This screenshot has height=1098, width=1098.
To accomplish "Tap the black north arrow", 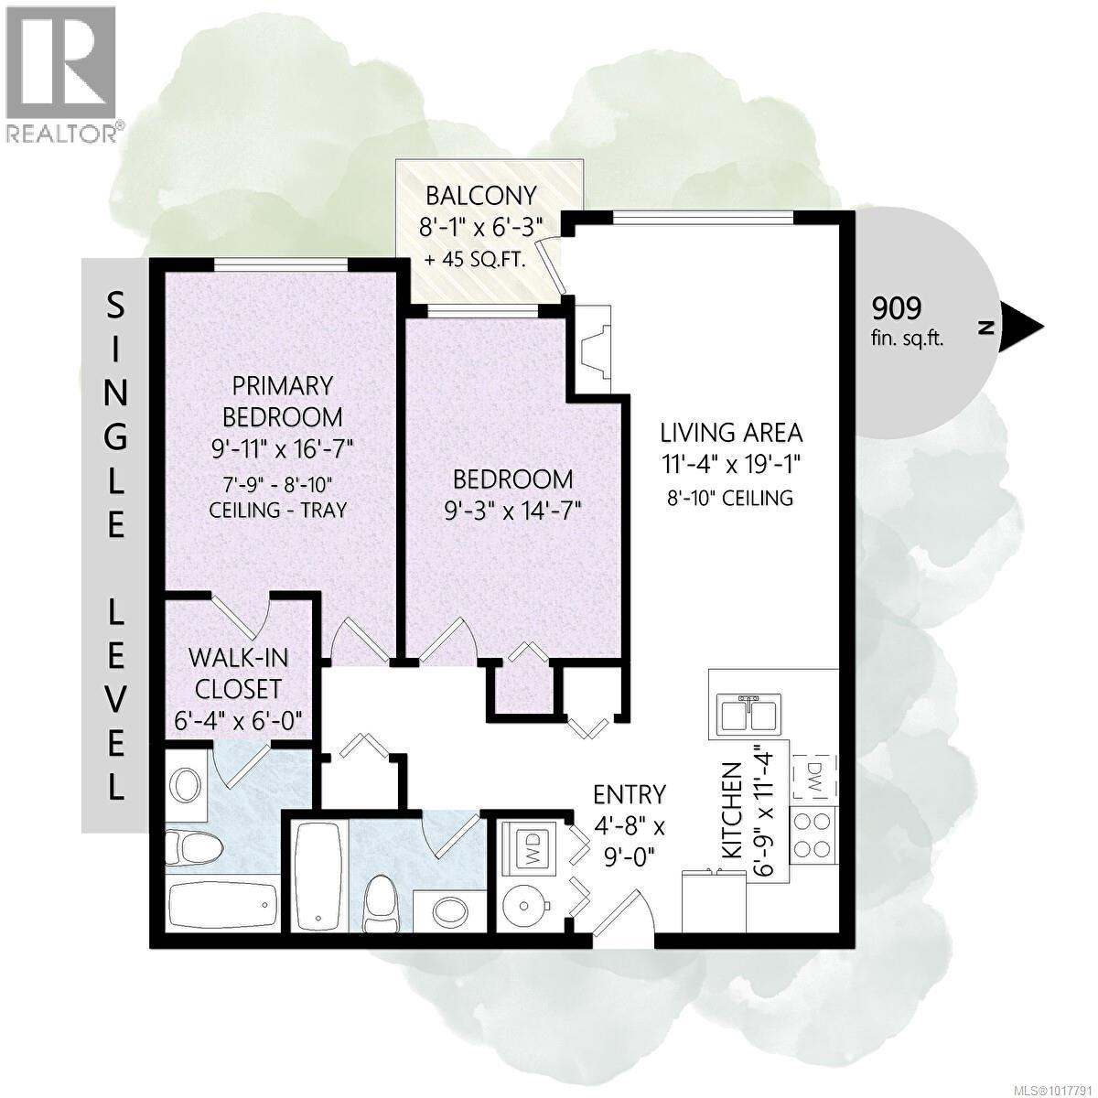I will (x=1025, y=327).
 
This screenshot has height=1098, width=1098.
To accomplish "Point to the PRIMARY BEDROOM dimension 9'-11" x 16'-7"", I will (x=282, y=448).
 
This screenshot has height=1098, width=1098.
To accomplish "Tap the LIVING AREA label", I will (x=731, y=432).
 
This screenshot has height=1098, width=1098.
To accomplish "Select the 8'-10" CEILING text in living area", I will (x=731, y=498).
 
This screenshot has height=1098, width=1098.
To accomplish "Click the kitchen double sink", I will (x=748, y=715).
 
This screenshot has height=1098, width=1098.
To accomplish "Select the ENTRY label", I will (x=629, y=793).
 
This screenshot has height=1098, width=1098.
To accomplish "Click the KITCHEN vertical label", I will (x=731, y=811).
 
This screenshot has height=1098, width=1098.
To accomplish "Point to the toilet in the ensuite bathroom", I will (x=192, y=846).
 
